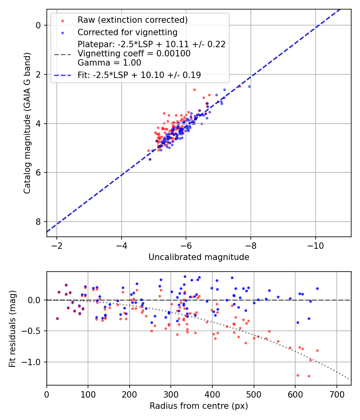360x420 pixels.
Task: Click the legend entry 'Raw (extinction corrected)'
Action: [132, 20]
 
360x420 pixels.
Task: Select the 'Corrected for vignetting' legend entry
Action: [127, 32]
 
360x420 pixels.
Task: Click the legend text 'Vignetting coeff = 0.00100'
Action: [134, 54]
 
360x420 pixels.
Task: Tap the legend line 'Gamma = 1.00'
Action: [109, 63]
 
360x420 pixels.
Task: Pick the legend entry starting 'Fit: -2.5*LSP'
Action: [139, 75]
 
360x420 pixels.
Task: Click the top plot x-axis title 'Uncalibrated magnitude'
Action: [199, 257]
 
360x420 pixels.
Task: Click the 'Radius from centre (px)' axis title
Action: [199, 406]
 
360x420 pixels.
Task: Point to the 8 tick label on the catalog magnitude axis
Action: [39, 222]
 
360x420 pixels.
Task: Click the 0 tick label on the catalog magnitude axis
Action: [39, 25]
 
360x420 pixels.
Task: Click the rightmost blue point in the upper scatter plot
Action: [249, 86]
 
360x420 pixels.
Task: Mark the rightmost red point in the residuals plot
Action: [317, 350]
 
